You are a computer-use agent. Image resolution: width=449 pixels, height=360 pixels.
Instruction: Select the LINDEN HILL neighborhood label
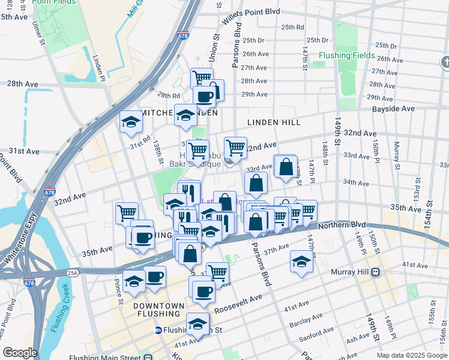tap(273, 122)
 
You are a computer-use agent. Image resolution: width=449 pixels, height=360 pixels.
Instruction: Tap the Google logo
tap(20, 353)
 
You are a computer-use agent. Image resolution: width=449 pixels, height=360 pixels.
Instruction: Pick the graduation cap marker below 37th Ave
tap(301, 260)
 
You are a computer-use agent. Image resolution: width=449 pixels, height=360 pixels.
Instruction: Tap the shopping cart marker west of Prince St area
tap(127, 212)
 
